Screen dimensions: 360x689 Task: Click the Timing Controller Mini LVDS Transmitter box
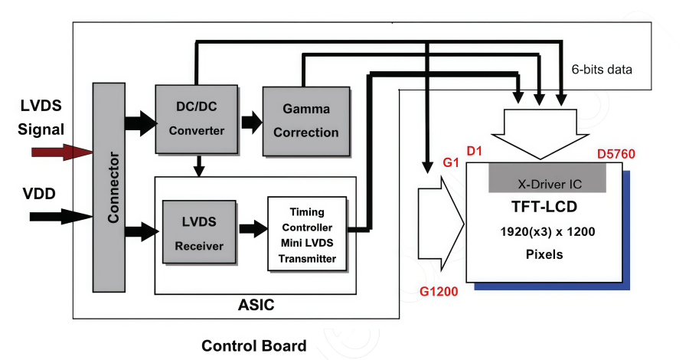click(x=306, y=234)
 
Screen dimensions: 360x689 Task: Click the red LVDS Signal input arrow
click(x=61, y=152)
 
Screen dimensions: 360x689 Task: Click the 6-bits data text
click(x=602, y=70)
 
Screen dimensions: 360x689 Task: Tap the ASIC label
click(x=255, y=306)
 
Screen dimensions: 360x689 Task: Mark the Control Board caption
click(x=253, y=345)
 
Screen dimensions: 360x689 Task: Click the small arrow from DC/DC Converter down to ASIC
click(x=198, y=164)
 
